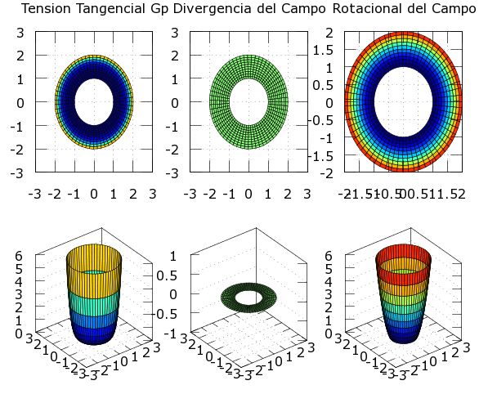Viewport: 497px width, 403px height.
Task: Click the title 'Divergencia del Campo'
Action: pos(248,9)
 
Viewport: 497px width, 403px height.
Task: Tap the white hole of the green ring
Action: pos(248,102)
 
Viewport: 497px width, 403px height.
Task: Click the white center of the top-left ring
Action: pos(93,102)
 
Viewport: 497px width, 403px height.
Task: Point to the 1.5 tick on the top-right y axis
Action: pos(324,49)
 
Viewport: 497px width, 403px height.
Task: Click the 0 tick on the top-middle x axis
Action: pos(248,194)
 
